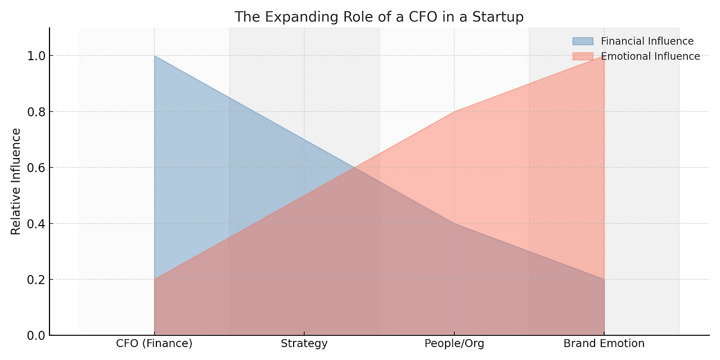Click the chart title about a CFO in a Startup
tap(379, 17)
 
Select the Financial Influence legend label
tap(647, 41)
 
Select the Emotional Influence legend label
tap(650, 56)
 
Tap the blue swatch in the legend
tap(582, 41)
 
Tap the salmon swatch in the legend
tap(582, 56)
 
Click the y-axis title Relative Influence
tap(16, 181)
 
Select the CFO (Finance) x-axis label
tap(154, 343)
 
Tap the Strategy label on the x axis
tap(304, 343)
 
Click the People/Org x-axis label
tap(454, 343)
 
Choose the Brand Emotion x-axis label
tap(604, 343)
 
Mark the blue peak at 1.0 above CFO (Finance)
tap(154, 56)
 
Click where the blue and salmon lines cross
tap(354, 168)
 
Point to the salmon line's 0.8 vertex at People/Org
tap(454, 111)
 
